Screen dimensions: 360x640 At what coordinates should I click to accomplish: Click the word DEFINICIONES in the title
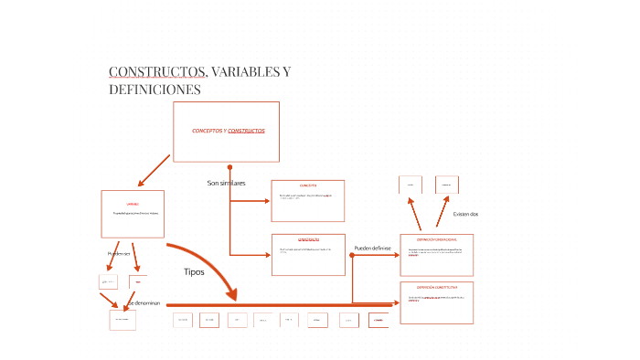point(155,90)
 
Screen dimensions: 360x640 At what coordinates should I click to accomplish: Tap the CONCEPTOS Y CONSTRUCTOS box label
point(228,131)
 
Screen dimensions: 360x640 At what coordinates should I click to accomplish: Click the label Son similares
point(226,184)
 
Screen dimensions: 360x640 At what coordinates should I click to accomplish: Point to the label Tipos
point(194,271)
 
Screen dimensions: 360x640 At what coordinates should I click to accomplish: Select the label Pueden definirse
point(372,248)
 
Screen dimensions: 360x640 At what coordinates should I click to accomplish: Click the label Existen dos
point(465,214)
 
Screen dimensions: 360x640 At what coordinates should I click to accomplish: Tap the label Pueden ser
point(119,253)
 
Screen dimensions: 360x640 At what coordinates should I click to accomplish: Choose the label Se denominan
point(144,302)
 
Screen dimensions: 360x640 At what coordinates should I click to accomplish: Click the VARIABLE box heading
point(133,204)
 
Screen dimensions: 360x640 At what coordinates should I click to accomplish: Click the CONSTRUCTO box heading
point(308,239)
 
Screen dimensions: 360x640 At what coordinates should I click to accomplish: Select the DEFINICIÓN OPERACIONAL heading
point(437,239)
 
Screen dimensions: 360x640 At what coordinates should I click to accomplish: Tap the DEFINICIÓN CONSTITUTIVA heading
point(437,287)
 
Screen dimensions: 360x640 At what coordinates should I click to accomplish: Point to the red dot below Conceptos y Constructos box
point(229,167)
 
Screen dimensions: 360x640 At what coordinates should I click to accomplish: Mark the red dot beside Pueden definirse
point(352,256)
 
